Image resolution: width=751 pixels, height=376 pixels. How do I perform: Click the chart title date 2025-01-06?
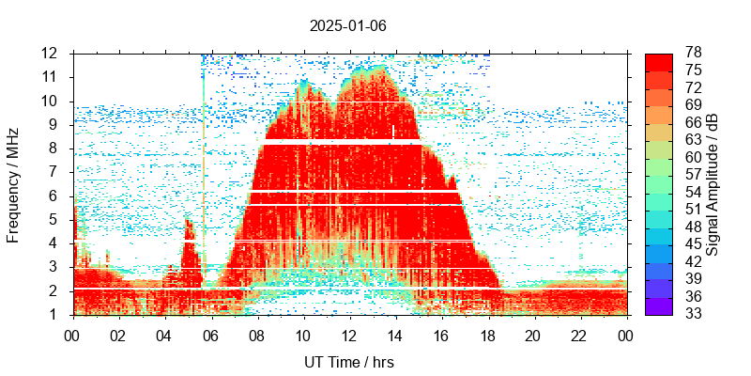coord(348,25)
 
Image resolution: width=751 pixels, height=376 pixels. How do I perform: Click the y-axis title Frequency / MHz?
coord(13,184)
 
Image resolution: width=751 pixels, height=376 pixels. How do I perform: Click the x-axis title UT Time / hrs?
coord(348,362)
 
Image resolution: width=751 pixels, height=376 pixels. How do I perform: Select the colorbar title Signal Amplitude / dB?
coord(713,184)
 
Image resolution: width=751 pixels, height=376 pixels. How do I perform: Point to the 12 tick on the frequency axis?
coord(53,54)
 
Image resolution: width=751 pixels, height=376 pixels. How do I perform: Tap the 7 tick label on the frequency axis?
coord(57,172)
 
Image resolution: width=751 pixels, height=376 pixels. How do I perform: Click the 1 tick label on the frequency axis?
coord(57,314)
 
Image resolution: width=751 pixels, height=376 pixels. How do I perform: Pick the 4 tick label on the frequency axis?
coord(57,243)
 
